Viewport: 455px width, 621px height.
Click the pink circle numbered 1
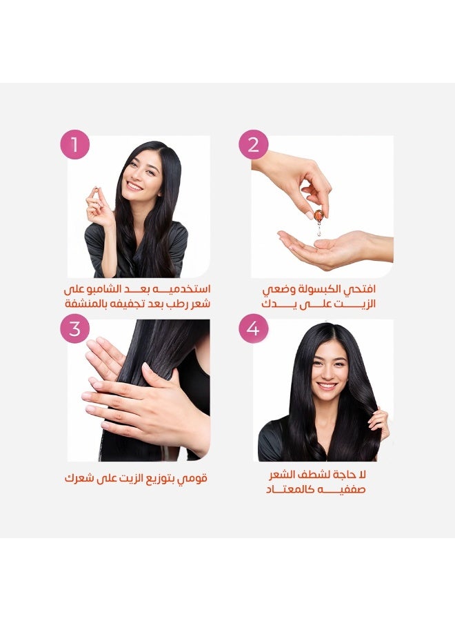pos(75,146)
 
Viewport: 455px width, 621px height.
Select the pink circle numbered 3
pos(75,328)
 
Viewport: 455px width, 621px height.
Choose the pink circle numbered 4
pos(253,328)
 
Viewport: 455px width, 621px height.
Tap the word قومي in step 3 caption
pos(194,477)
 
